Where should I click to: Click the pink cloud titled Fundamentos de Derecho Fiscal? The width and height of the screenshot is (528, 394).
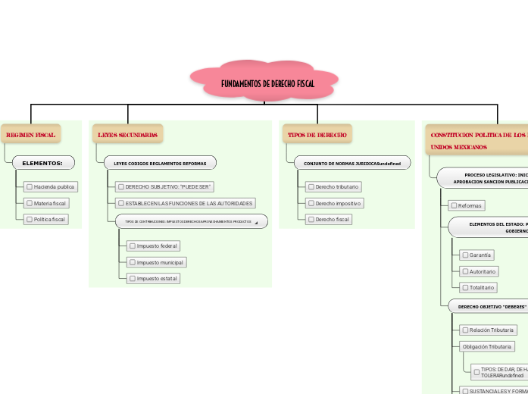[264, 83]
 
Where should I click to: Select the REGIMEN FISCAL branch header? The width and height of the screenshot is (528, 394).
[30, 135]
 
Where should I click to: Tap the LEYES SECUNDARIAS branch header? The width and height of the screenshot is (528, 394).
[127, 135]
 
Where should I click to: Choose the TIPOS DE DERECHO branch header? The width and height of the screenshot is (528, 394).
[317, 135]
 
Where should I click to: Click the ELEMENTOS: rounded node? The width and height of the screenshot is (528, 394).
[42, 163]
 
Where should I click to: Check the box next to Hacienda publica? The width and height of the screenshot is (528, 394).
[29, 186]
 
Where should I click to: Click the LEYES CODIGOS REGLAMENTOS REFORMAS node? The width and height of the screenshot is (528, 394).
[160, 163]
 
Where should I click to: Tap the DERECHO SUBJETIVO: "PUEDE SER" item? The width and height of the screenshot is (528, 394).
[164, 186]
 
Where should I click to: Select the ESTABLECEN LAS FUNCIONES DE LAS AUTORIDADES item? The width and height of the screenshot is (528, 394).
[184, 203]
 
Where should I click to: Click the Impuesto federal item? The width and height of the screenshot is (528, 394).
[154, 245]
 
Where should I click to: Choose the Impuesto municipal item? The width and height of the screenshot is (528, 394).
[156, 262]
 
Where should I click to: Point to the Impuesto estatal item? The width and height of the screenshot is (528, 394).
[154, 278]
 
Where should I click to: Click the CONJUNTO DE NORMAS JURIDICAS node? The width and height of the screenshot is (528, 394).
[352, 163]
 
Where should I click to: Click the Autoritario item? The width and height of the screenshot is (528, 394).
[479, 271]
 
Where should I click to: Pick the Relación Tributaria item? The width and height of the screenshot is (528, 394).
[488, 330]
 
